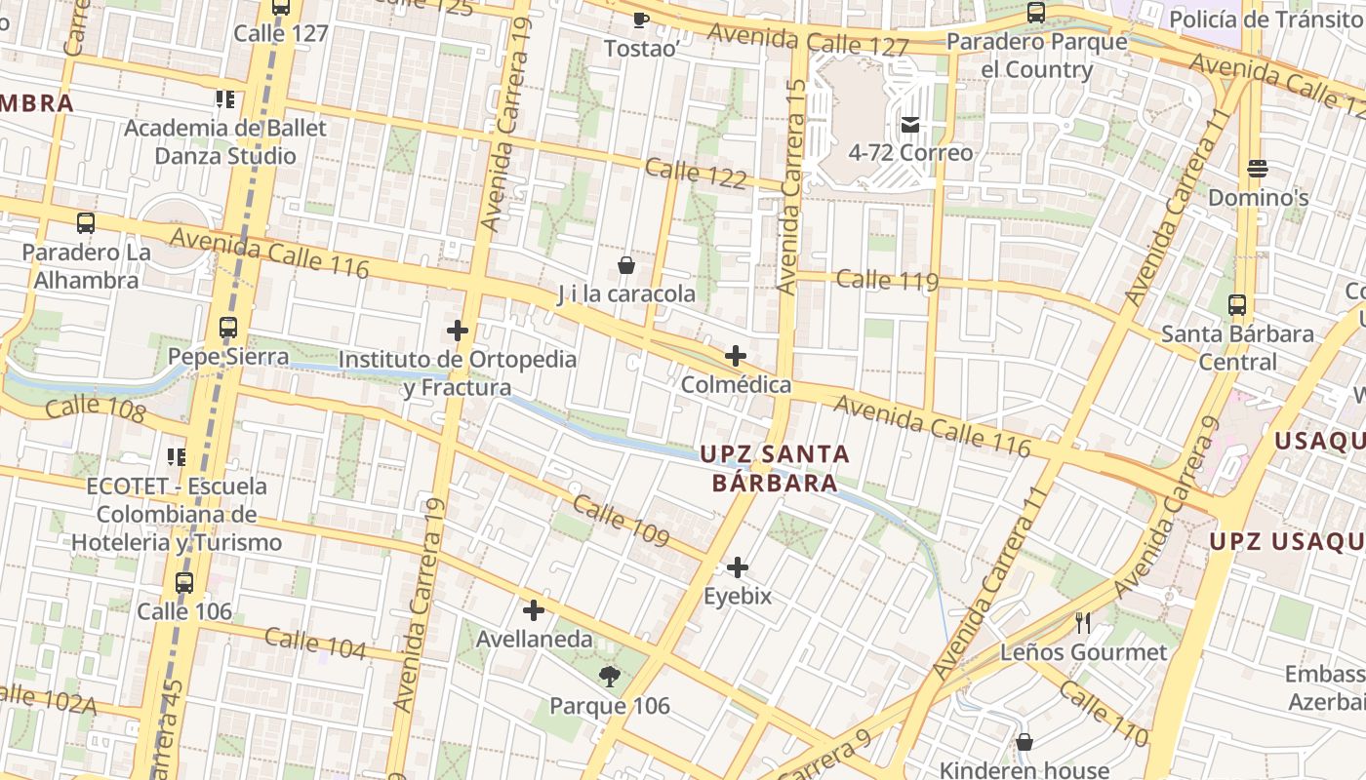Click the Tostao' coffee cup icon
click(x=640, y=19)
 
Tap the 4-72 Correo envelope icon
click(x=910, y=125)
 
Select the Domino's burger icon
click(x=1258, y=169)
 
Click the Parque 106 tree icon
click(x=610, y=677)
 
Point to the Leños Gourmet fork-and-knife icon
click(x=1083, y=623)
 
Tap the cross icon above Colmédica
click(x=736, y=356)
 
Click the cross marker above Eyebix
click(x=738, y=567)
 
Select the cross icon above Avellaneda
click(x=534, y=611)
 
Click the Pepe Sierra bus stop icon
click(x=228, y=328)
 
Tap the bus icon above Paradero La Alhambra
click(x=86, y=223)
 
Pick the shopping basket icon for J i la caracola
click(x=626, y=265)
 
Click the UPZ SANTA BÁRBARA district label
click(x=775, y=468)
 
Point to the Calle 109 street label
click(x=621, y=522)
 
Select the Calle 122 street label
click(x=696, y=174)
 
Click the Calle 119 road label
click(x=887, y=281)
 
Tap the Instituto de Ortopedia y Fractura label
click(x=457, y=373)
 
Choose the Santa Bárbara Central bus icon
click(x=1237, y=305)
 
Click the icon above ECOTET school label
click(x=177, y=456)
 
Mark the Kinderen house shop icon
click(x=1024, y=743)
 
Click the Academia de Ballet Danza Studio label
click(x=225, y=141)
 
